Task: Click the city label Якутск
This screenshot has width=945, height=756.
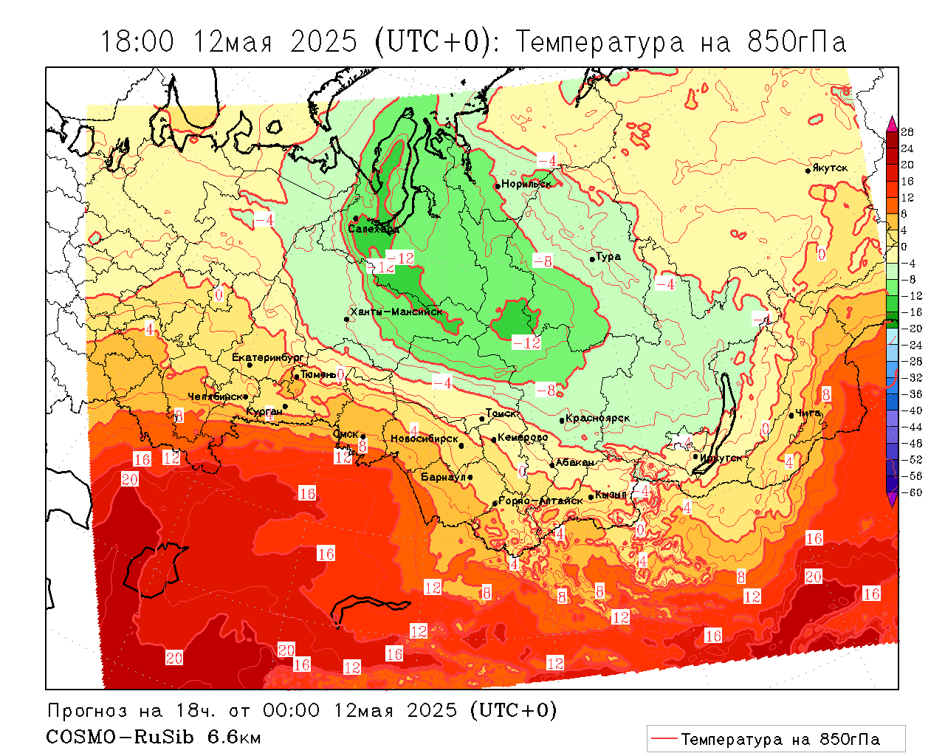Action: (x=830, y=168)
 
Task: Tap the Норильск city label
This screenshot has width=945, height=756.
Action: (x=526, y=183)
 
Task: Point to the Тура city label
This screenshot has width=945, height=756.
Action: (x=608, y=256)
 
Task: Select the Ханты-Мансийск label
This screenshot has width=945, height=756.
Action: (x=396, y=312)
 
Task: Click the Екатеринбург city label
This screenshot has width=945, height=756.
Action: (x=267, y=357)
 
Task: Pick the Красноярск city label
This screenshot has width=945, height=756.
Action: (x=598, y=418)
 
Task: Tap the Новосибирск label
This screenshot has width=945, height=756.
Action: (x=424, y=439)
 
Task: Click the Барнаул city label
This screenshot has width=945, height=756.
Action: (x=443, y=477)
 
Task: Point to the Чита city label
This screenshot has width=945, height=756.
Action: (x=808, y=413)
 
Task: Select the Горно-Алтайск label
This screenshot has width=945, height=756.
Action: (x=540, y=501)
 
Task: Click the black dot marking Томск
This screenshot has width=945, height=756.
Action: (x=482, y=419)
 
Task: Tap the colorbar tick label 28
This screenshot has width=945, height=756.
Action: (x=907, y=132)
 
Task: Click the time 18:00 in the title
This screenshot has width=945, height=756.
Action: (x=137, y=42)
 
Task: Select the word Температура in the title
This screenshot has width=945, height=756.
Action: (x=599, y=42)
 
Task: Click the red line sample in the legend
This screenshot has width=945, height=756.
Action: (x=664, y=738)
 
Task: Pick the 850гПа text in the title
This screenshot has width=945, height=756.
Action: (x=797, y=42)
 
